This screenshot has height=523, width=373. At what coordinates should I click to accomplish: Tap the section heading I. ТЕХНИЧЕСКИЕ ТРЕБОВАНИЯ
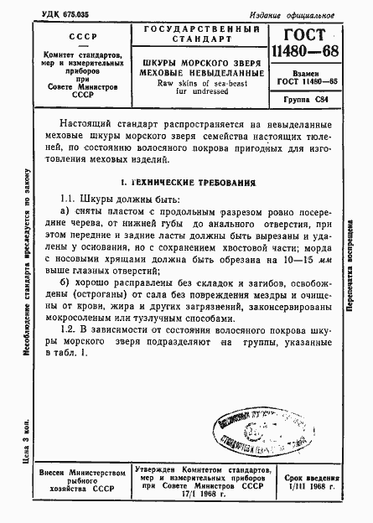(x=187, y=183)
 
